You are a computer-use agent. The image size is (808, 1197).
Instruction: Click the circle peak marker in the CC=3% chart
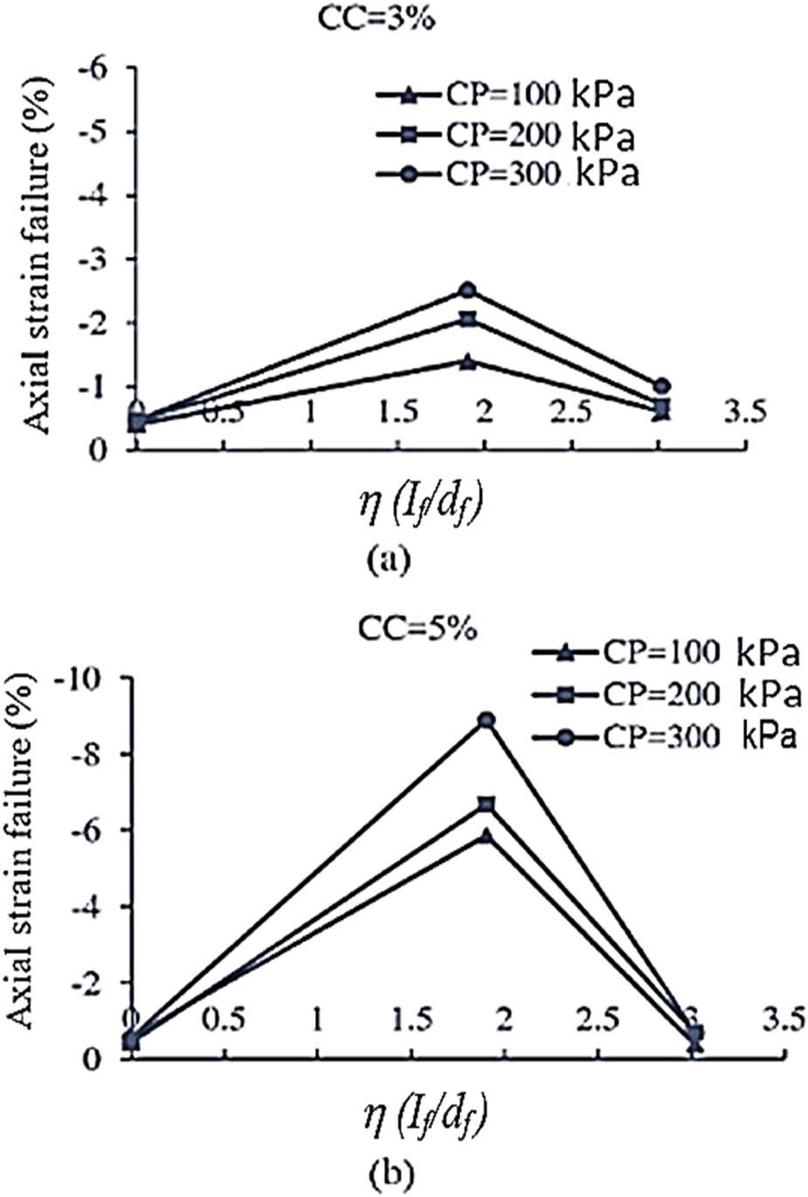[468, 290]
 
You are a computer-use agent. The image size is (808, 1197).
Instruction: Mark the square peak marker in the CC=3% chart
[468, 320]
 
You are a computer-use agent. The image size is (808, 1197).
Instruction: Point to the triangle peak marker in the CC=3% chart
[468, 362]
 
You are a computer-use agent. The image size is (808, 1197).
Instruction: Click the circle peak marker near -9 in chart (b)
[486, 720]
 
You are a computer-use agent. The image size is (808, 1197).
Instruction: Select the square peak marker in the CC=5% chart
[486, 804]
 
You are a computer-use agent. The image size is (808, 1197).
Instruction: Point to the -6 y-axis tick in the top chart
[103, 69]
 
